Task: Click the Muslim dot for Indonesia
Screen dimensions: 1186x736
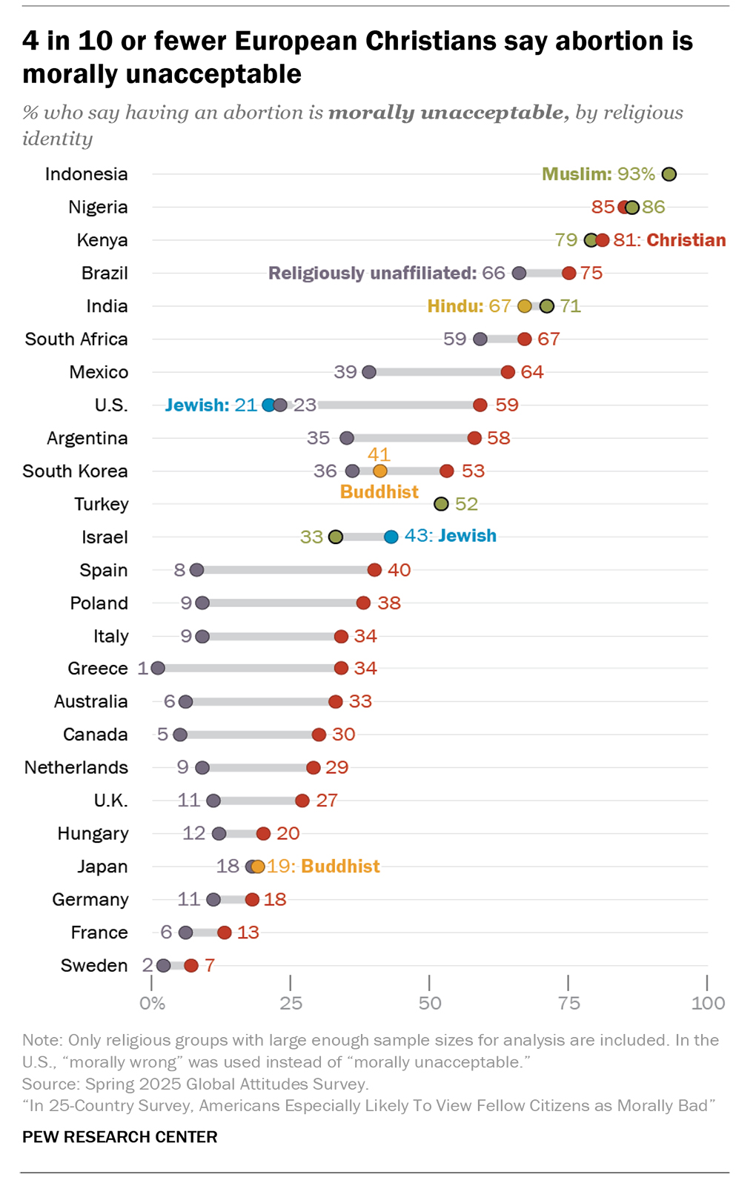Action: (x=669, y=174)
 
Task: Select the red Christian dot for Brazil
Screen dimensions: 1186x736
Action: (x=568, y=274)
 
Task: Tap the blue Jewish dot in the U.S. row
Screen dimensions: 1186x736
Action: (x=268, y=405)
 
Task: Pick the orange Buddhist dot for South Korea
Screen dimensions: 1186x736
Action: (x=379, y=471)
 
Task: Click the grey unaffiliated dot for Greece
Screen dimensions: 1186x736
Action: (x=158, y=669)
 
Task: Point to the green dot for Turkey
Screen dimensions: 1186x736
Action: (x=441, y=504)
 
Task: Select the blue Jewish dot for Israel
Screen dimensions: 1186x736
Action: (x=391, y=537)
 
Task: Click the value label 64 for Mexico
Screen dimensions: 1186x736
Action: (x=532, y=372)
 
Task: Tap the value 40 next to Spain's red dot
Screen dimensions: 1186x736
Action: (x=399, y=570)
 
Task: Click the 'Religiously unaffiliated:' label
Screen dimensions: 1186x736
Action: (x=372, y=274)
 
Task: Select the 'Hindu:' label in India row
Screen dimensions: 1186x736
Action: (x=455, y=306)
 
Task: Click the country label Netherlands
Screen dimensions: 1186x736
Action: (x=76, y=767)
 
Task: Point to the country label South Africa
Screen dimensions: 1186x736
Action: (x=76, y=339)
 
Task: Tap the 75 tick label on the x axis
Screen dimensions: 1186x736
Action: (x=568, y=1004)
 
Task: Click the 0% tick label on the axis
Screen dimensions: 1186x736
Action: (x=152, y=1004)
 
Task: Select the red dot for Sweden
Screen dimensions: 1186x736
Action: (x=191, y=965)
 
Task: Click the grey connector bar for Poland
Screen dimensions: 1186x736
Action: (x=282, y=603)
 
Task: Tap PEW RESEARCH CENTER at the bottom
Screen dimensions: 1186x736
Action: (x=120, y=1137)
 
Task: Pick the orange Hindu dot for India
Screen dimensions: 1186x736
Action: (x=524, y=306)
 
